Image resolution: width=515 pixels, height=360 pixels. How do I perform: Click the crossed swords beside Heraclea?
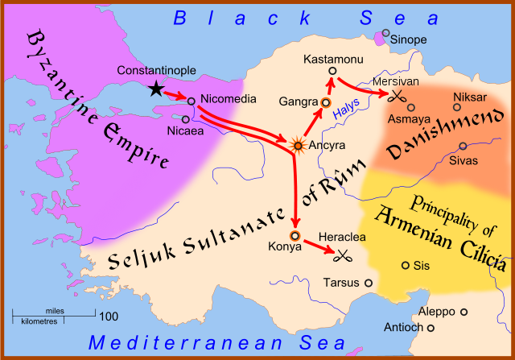pos(344,256)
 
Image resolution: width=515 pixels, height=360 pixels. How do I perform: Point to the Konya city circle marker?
pos(295,236)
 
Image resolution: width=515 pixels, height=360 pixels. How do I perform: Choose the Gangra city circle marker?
pos(326,103)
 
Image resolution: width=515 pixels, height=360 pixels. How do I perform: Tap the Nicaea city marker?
pos(185,119)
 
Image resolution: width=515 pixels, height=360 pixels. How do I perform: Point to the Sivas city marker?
pos(463,146)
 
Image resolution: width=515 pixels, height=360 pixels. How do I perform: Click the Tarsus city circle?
pos(368,283)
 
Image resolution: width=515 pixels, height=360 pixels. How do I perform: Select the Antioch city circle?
pos(431,328)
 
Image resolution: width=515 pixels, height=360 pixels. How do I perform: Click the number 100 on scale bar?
pos(109,316)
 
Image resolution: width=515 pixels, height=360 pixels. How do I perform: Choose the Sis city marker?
pos(405,265)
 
